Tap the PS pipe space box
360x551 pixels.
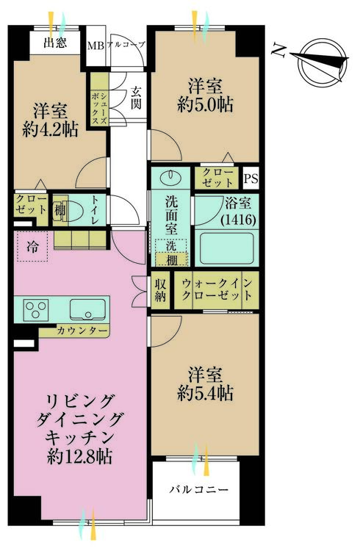[251, 179]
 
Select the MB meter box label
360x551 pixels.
[96, 46]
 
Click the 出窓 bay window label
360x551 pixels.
[55, 43]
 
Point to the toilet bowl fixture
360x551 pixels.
[72, 211]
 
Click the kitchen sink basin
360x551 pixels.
[87, 309]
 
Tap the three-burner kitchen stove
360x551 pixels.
[36, 309]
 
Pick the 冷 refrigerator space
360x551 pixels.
[32, 247]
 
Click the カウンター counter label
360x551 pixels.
[82, 331]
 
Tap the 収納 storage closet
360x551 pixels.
[160, 290]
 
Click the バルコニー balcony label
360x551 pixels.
[199, 489]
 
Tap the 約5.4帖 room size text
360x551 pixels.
[205, 394]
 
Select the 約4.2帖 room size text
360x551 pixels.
[50, 130]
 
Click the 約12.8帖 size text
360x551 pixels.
[80, 457]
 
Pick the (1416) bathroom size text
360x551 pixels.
[238, 220]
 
